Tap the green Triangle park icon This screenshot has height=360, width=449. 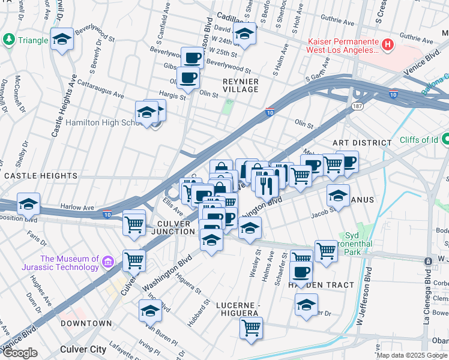8,40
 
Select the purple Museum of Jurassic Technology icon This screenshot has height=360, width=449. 107,262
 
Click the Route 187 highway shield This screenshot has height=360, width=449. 356,106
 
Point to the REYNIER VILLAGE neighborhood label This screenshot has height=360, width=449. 240,85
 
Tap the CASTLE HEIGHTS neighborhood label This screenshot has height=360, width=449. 41,176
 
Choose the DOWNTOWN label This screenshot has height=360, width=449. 86,323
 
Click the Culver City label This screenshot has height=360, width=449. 83,349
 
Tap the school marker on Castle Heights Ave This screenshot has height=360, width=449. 62,39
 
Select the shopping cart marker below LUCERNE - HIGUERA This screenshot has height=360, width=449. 251,327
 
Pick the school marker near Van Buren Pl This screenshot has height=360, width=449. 150,310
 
